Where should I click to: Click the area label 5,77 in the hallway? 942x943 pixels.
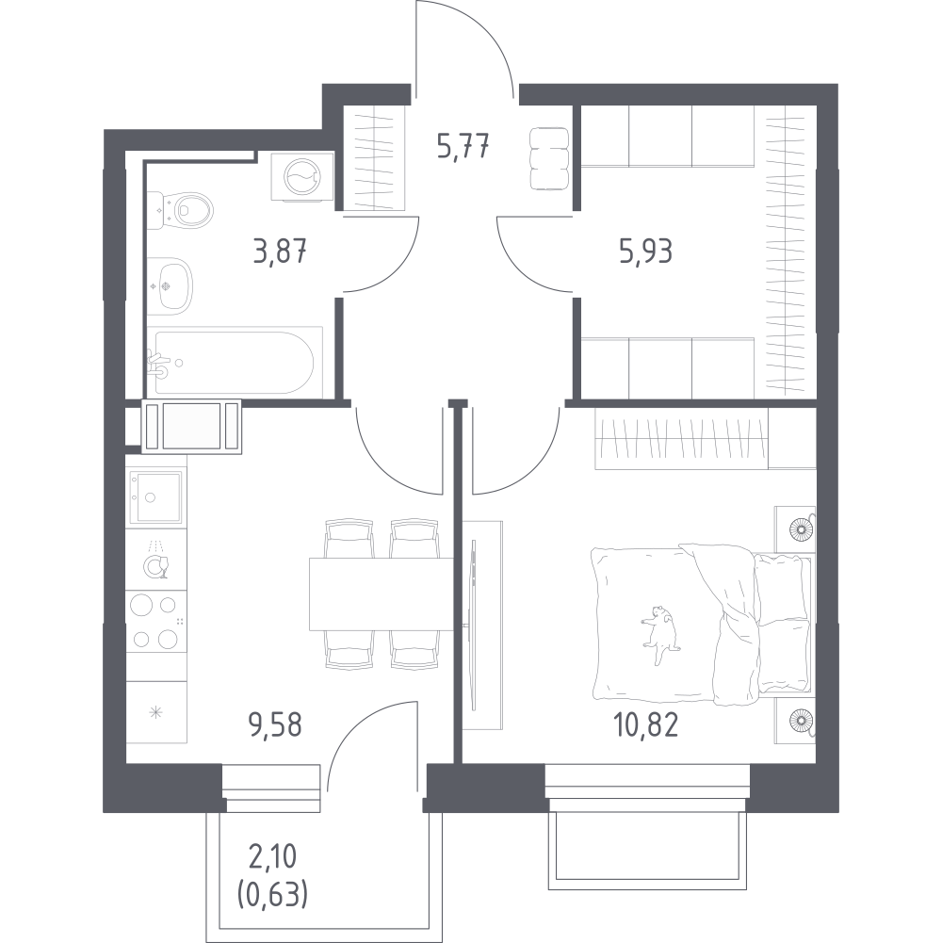pyautogui.click(x=463, y=147)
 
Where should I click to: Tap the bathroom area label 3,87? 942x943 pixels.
pyautogui.click(x=281, y=251)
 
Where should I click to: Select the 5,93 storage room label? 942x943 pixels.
pyautogui.click(x=645, y=251)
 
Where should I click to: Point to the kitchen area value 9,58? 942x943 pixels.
pyautogui.click(x=275, y=724)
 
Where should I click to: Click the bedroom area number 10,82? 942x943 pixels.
pyautogui.click(x=645, y=724)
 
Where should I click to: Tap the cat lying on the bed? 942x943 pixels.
pyautogui.click(x=660, y=635)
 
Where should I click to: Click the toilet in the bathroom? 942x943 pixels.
pyautogui.click(x=181, y=210)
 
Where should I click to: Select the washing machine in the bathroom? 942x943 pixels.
pyautogui.click(x=302, y=177)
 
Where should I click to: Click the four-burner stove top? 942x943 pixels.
pyautogui.click(x=155, y=621)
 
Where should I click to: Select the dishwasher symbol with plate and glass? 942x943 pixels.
pyautogui.click(x=155, y=561)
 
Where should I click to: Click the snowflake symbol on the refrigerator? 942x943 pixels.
pyautogui.click(x=155, y=713)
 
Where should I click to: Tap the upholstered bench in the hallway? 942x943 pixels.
pyautogui.click(x=549, y=159)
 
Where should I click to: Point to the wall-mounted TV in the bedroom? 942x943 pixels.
pyautogui.click(x=476, y=625)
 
